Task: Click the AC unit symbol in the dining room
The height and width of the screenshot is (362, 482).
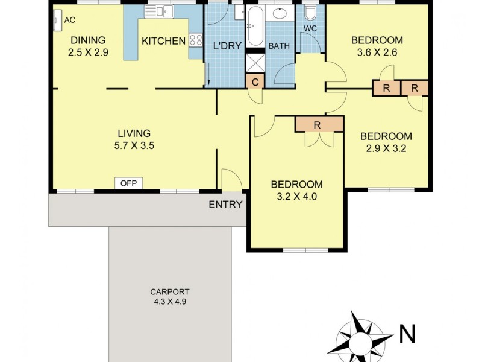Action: [57, 21]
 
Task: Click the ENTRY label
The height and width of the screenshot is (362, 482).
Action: [225, 205]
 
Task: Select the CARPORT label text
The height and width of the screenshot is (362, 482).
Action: [170, 290]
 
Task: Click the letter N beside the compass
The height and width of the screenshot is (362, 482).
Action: [407, 332]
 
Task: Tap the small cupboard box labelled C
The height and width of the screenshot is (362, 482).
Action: [255, 82]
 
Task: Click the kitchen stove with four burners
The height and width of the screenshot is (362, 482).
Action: [196, 40]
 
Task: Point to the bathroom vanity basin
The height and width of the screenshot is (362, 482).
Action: [280, 14]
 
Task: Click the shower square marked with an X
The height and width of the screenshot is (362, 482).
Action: [255, 62]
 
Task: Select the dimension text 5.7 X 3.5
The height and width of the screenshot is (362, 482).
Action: [134, 145]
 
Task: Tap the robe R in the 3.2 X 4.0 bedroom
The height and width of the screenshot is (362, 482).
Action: [318, 125]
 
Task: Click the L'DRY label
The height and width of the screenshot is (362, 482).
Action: [225, 46]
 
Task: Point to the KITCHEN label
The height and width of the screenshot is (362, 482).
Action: [163, 41]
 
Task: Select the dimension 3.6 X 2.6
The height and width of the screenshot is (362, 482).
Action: [377, 52]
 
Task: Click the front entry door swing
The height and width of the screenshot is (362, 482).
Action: [230, 180]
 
